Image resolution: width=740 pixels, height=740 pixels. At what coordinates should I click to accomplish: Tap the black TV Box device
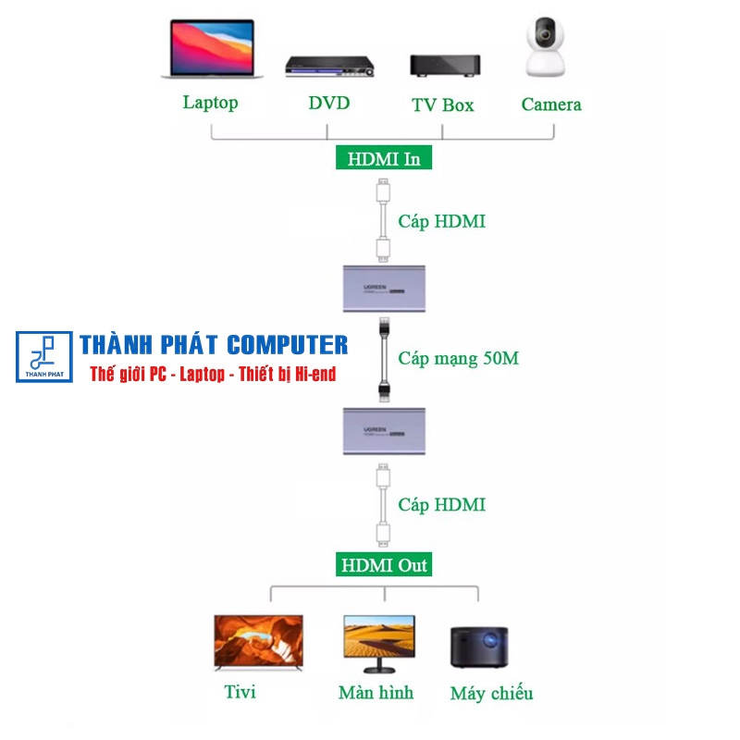445,66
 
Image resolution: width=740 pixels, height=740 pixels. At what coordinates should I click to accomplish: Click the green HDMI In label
384,158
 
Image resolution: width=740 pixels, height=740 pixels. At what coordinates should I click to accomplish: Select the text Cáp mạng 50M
458,358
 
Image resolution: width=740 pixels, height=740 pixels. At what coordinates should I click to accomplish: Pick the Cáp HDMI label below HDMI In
441,222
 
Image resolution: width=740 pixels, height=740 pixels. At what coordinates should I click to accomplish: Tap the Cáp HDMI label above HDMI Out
441,505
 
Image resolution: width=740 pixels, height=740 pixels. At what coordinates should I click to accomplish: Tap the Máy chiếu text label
491,693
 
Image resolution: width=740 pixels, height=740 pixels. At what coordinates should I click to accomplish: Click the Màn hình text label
376,692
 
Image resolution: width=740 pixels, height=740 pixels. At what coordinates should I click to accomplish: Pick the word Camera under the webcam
551,105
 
